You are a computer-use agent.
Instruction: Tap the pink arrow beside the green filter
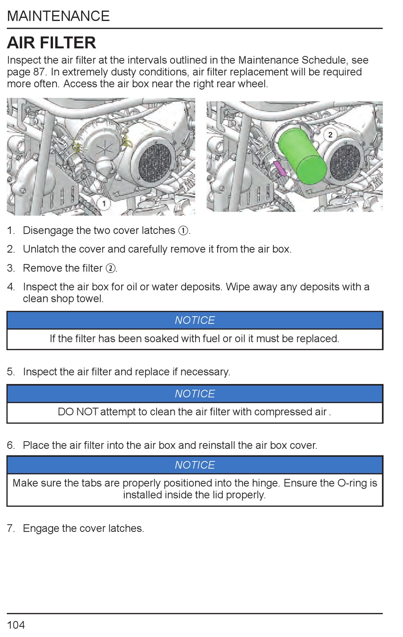(x=280, y=168)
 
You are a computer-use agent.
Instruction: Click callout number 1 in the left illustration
(x=104, y=203)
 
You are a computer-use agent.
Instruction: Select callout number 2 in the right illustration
(x=330, y=135)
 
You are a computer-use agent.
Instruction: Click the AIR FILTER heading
(x=51, y=43)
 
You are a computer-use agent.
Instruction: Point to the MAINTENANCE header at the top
(x=59, y=16)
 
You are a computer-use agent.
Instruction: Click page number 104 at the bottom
(x=16, y=625)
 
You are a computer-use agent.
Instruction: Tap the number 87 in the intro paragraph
(x=39, y=72)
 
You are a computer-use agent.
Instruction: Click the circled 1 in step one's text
(x=183, y=231)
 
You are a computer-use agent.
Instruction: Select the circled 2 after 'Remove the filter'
(x=110, y=268)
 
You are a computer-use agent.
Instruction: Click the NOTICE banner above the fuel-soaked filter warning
(x=195, y=320)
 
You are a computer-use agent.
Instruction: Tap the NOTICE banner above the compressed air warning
(x=195, y=394)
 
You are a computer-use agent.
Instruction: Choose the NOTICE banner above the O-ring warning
(x=195, y=465)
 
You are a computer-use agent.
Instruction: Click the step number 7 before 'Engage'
(x=10, y=529)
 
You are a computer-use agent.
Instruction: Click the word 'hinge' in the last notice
(x=265, y=483)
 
